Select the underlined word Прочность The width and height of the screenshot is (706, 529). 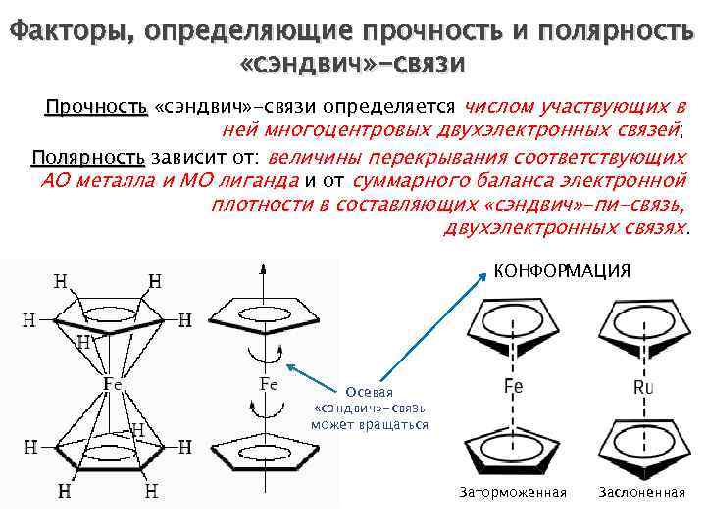(95, 107)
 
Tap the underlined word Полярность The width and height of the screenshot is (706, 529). (87, 158)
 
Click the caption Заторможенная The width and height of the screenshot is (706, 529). (513, 491)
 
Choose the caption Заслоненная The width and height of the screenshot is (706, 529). (641, 491)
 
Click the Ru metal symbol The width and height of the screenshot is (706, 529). (642, 388)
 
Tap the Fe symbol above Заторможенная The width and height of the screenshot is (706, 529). (513, 387)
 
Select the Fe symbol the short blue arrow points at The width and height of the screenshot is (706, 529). (268, 384)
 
